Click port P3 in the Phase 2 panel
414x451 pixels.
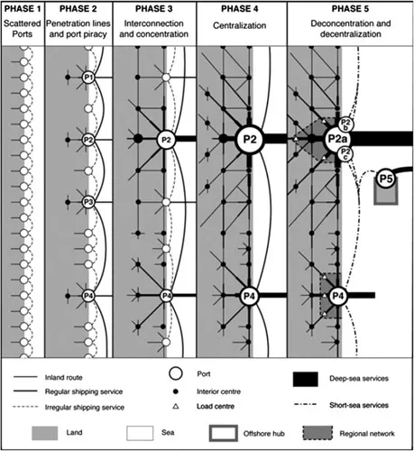coord(87,202)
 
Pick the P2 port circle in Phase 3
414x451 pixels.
coord(166,140)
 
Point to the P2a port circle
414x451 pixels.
coord(339,140)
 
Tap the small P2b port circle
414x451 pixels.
coord(346,123)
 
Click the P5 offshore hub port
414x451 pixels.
coord(387,179)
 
